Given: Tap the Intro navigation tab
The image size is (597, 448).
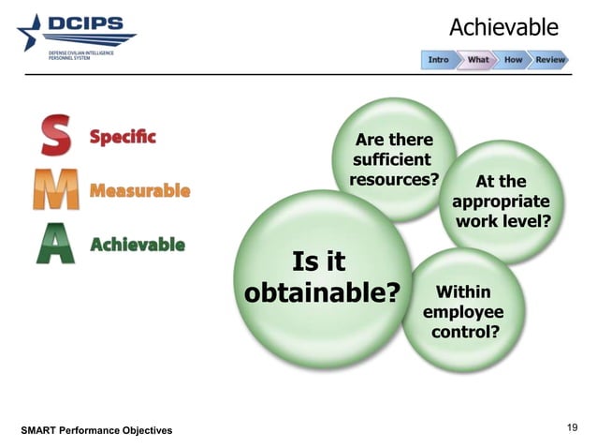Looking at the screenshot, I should pos(438,60).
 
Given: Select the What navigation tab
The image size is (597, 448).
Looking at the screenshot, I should pos(477,60).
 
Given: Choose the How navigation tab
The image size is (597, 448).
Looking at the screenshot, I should pos(514,60).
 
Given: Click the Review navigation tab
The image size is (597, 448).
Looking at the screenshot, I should pos(550,60).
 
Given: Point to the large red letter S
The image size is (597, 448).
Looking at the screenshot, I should pos(55,137).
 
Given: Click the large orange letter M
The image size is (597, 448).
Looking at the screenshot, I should pos(55,190).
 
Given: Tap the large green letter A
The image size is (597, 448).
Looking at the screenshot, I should pos(55,244).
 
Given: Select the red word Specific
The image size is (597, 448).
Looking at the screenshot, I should pos(123,137).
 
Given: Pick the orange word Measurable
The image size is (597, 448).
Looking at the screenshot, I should pos(139,191).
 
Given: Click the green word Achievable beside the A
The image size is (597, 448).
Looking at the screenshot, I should pos(137,245).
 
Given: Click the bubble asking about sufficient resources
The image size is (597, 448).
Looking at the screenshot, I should pos(393,159).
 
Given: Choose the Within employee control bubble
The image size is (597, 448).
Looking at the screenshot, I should pos(463,312).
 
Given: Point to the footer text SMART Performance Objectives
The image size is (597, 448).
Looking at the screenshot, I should pos(96,430).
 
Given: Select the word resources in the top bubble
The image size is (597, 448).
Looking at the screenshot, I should pos(393,179).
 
